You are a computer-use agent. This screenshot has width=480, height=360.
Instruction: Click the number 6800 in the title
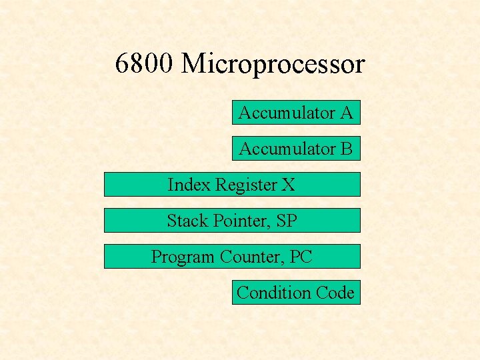pyautogui.click(x=144, y=64)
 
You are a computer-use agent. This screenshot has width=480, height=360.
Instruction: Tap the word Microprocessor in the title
pyautogui.click(x=273, y=65)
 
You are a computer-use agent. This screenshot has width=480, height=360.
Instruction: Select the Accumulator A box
pyautogui.click(x=296, y=113)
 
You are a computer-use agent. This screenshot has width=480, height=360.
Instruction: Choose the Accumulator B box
pyautogui.click(x=296, y=149)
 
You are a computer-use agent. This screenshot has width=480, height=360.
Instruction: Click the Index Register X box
pyautogui.click(x=232, y=185)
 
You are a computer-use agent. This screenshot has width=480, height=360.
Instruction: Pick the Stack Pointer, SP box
pyautogui.click(x=232, y=221)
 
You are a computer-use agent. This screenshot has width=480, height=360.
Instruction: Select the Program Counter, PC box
pyautogui.click(x=232, y=257)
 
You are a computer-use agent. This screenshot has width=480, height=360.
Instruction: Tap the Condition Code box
pyautogui.click(x=296, y=293)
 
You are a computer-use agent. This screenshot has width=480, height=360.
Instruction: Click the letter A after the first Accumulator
pyautogui.click(x=345, y=113)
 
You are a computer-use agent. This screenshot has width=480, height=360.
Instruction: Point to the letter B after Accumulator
pyautogui.click(x=345, y=149)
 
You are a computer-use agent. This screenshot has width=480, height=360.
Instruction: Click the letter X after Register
pyautogui.click(x=288, y=185)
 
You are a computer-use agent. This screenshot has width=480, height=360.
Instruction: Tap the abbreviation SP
pyautogui.click(x=285, y=221)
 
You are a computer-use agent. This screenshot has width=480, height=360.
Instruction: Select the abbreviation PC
pyautogui.click(x=301, y=257)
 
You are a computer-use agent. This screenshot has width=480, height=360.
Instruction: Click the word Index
pyautogui.click(x=189, y=185)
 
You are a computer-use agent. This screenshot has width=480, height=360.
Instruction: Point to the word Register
pyautogui.click(x=246, y=185)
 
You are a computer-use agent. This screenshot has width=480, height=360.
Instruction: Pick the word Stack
pyautogui.click(x=187, y=221)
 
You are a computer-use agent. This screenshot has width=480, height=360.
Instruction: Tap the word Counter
pyautogui.click(x=248, y=257)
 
